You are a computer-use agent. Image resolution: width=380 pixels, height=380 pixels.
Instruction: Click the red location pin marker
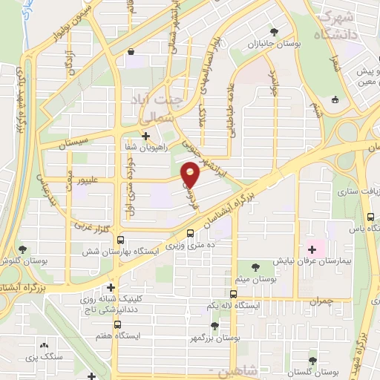191,175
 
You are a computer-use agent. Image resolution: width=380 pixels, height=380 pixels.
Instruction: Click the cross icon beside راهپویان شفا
145,137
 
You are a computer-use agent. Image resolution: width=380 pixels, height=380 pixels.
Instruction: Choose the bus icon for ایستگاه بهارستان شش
120,240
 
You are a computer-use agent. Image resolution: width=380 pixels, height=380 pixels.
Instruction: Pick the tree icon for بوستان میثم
255,267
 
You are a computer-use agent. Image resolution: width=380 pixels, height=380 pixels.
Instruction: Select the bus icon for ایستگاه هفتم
117,324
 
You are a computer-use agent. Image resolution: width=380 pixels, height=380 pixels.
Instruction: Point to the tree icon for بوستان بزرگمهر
214,326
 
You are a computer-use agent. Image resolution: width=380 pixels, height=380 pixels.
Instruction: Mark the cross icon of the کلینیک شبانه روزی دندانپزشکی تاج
111,287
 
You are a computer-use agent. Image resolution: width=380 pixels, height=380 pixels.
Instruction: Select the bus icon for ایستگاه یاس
370,217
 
